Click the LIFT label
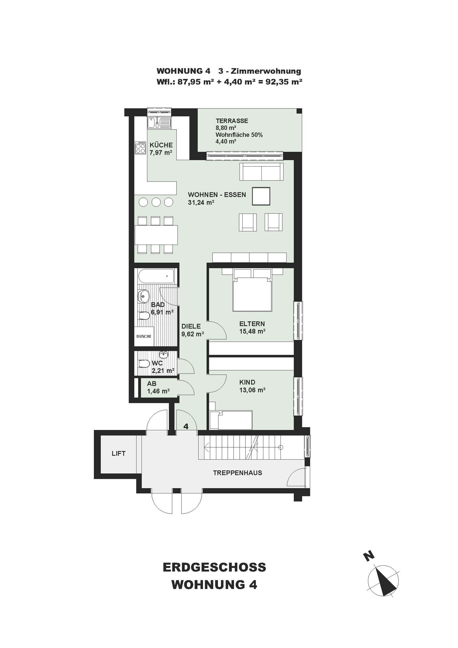[118, 454]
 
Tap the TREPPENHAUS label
[237, 473]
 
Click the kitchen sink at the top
[159, 122]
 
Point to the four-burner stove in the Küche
[141, 147]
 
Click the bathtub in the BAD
[156, 276]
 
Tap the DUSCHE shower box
[144, 337]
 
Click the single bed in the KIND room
[231, 420]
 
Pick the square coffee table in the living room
[261, 196]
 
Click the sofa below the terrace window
[261, 172]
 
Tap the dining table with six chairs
[156, 235]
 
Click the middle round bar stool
[156, 202]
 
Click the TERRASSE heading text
[232, 121]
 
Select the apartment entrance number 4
[186, 426]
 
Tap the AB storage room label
[152, 384]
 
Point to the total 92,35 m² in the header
[284, 82]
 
